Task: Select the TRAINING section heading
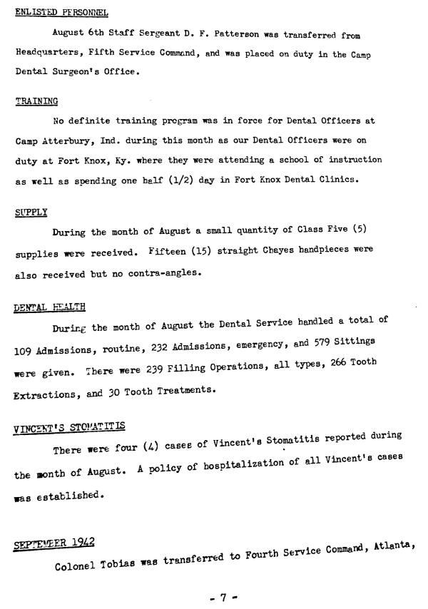(x=36, y=101)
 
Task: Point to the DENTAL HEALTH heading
(x=50, y=307)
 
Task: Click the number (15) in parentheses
(x=201, y=251)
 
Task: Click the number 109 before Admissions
(x=25, y=352)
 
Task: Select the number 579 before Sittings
(x=328, y=342)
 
